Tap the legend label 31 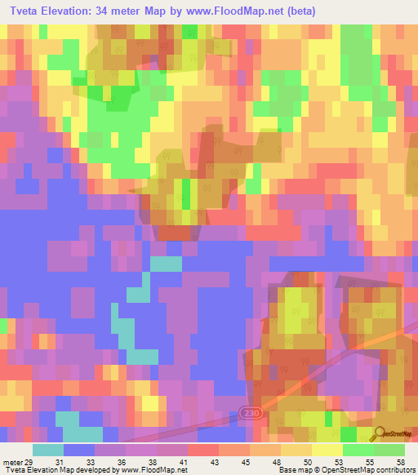point(60,461)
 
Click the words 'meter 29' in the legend point(17,461)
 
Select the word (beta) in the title point(300,11)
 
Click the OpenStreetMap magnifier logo point(380,434)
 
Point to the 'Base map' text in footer point(299,470)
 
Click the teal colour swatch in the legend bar point(47,450)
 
